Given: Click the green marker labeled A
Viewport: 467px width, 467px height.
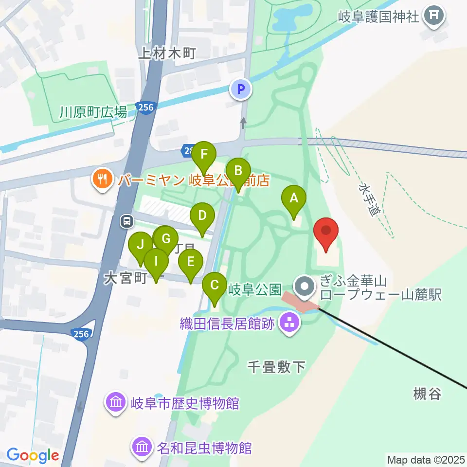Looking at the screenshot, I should pos(294,198).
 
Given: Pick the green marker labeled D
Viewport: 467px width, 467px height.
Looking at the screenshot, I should pos(202,216).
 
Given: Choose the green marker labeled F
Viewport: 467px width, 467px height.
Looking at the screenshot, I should pos(204,155).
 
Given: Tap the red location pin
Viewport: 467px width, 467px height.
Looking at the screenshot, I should pos(326,231).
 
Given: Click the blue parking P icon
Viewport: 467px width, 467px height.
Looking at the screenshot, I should pos(241,89).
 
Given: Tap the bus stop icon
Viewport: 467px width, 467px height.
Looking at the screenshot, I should pos(126,222).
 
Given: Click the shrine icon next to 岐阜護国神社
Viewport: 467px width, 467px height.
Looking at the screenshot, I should pos(432,16).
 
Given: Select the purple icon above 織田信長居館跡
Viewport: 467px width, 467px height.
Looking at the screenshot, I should pos(290,322).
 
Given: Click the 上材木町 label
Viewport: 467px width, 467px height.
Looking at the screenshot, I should pos(167,53).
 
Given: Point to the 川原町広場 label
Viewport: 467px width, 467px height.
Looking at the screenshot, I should pos(93,113).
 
